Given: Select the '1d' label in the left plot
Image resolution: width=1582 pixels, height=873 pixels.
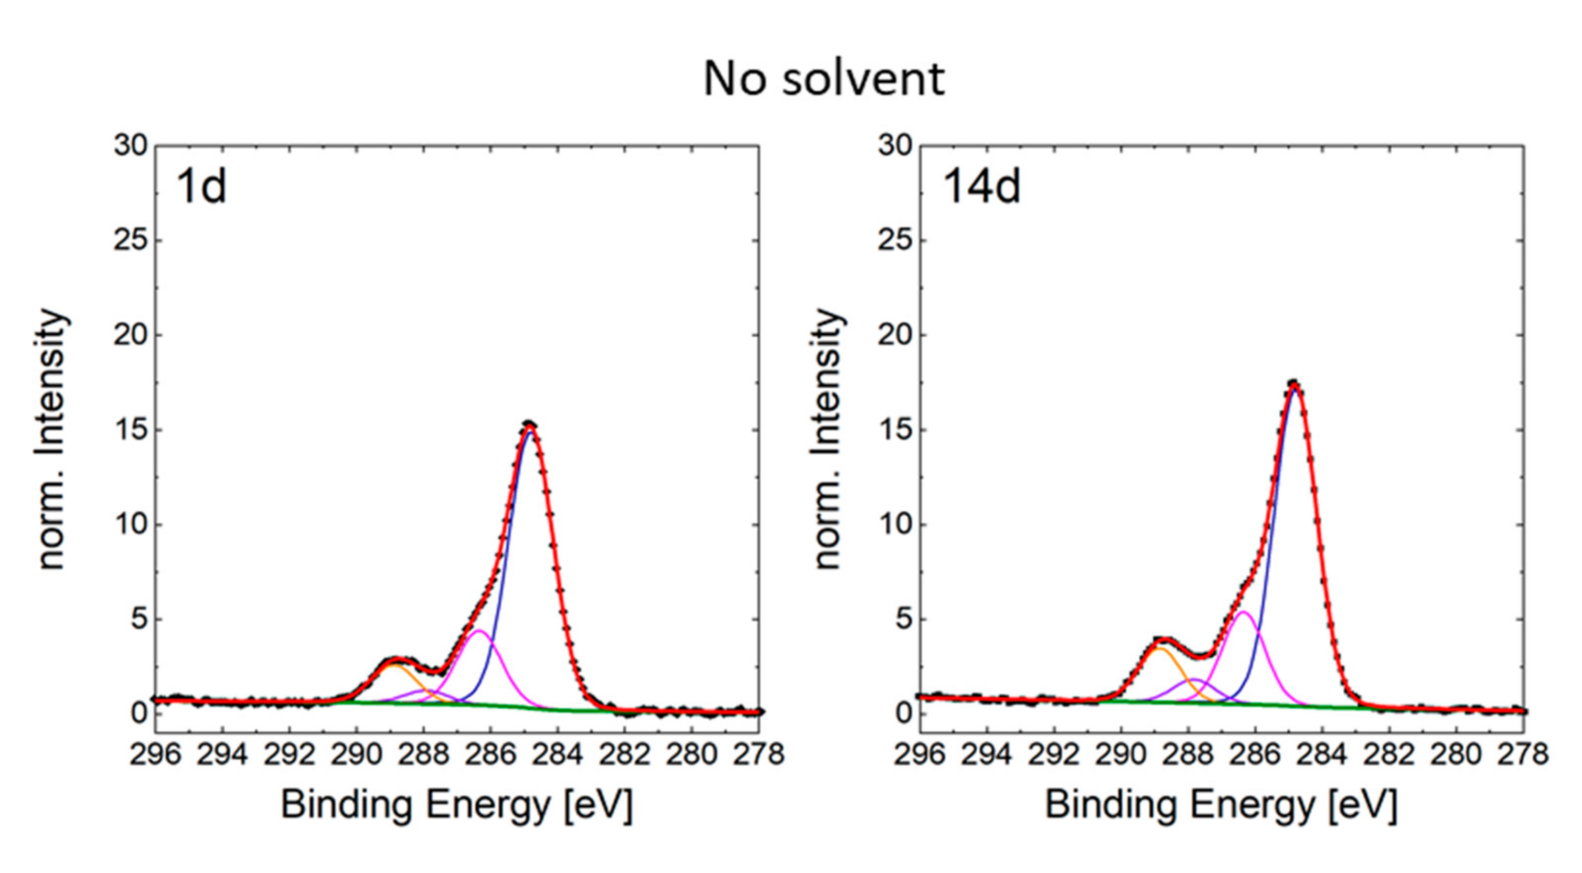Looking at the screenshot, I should click(201, 187).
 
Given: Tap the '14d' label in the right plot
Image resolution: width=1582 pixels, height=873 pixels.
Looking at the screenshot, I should click(981, 187).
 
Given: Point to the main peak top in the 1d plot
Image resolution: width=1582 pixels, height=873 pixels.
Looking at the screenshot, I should click(529, 424).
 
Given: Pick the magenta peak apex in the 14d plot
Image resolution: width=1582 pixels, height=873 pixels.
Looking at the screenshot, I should click(1243, 612).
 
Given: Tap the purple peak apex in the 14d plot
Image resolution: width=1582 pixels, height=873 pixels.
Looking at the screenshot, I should click(1194, 679).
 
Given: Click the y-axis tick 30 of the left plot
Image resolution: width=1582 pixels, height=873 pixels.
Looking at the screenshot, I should click(131, 146).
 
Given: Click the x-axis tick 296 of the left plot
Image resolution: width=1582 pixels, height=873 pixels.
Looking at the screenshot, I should click(155, 754).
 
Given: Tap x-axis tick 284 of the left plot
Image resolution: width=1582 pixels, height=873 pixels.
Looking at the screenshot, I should click(557, 754).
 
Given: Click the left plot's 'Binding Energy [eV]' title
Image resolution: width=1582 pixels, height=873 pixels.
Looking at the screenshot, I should click(456, 805).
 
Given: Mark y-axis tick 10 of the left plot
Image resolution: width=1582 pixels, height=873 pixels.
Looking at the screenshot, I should click(131, 525).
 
